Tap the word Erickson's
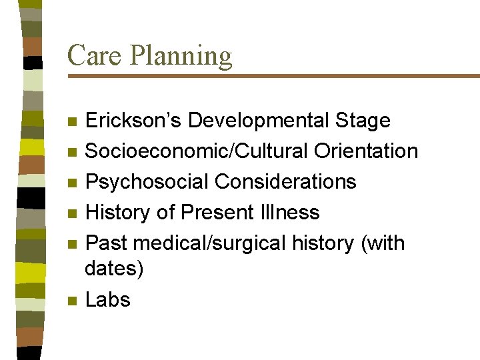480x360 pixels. tap(134, 121)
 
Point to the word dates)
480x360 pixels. tap(114, 269)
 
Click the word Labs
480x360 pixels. tap(108, 300)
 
